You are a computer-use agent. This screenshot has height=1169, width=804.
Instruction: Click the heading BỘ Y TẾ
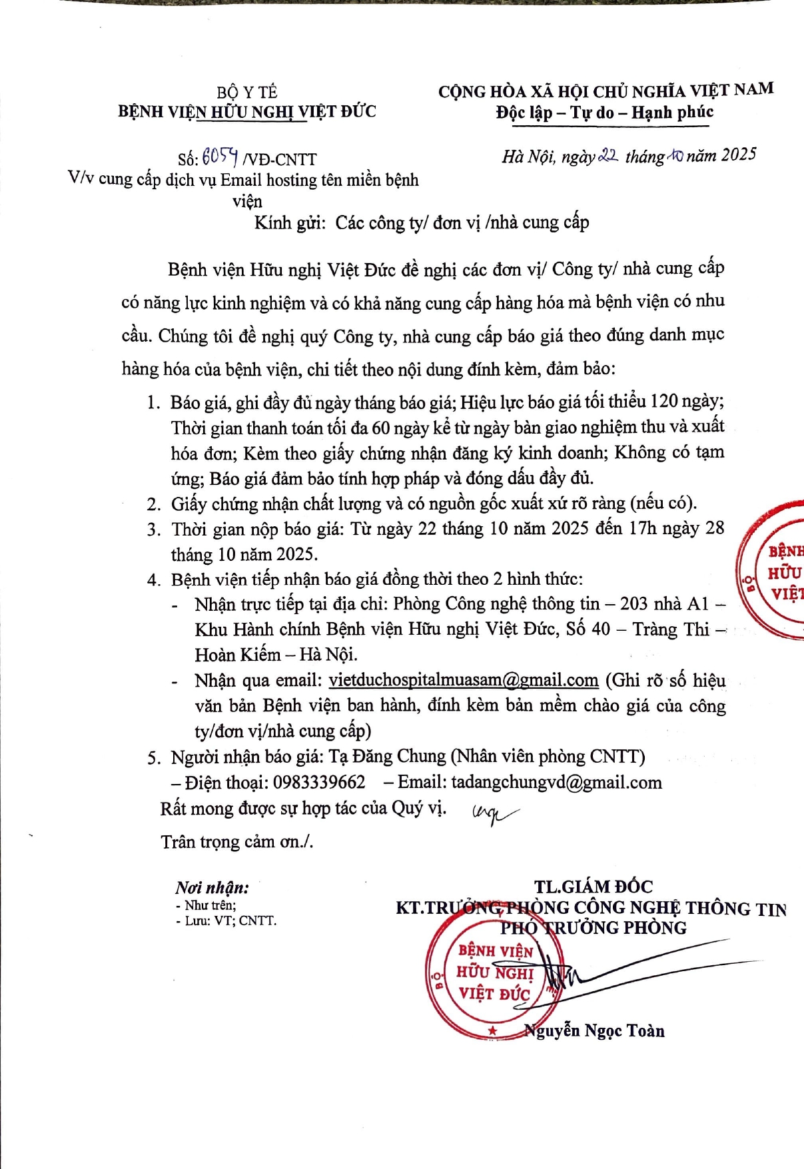tap(246, 92)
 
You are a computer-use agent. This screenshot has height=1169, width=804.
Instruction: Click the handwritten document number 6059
tap(220, 157)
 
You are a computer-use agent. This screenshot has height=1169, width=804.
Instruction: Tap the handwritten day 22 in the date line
tap(609, 155)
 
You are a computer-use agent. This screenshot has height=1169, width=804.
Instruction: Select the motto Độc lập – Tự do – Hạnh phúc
tap(604, 113)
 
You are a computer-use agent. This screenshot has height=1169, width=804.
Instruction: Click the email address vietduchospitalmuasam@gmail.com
tap(464, 680)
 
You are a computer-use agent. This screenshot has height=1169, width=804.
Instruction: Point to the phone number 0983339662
tap(319, 782)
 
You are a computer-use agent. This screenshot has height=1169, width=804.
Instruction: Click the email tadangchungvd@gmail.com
tap(556, 782)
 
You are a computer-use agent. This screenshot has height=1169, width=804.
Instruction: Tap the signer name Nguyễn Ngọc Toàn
tap(594, 1031)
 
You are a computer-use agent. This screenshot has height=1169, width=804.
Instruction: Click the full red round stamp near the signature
tap(494, 973)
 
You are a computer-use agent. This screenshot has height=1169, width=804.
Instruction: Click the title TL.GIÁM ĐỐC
tap(593, 887)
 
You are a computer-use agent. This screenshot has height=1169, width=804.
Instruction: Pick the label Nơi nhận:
tap(212, 887)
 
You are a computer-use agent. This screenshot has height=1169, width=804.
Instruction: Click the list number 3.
tap(154, 530)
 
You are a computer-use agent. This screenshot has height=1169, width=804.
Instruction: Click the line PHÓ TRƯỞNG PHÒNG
tap(593, 928)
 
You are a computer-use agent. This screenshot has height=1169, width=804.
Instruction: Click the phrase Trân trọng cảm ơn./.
tap(236, 842)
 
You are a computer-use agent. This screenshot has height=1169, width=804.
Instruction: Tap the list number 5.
tap(154, 758)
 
